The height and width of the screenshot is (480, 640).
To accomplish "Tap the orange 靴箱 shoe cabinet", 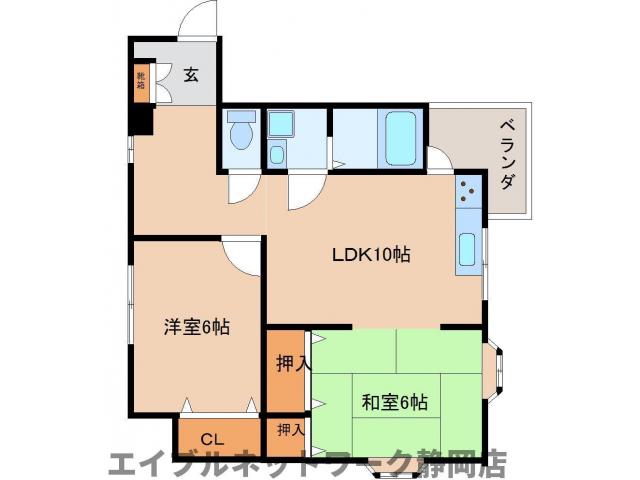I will pos(141,81).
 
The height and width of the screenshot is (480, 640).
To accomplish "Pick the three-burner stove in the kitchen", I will pos(468,192).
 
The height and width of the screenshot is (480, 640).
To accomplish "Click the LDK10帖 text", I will pos(371,255).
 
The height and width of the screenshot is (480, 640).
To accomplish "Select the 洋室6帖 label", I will pos(197,327).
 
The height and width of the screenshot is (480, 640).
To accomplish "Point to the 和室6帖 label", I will pos(394,402).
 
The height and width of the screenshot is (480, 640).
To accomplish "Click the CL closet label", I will pos(211,439).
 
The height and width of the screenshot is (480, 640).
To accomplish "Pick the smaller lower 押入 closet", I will pos(289,431).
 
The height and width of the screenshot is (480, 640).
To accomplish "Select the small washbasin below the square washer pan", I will pos(277,155).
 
